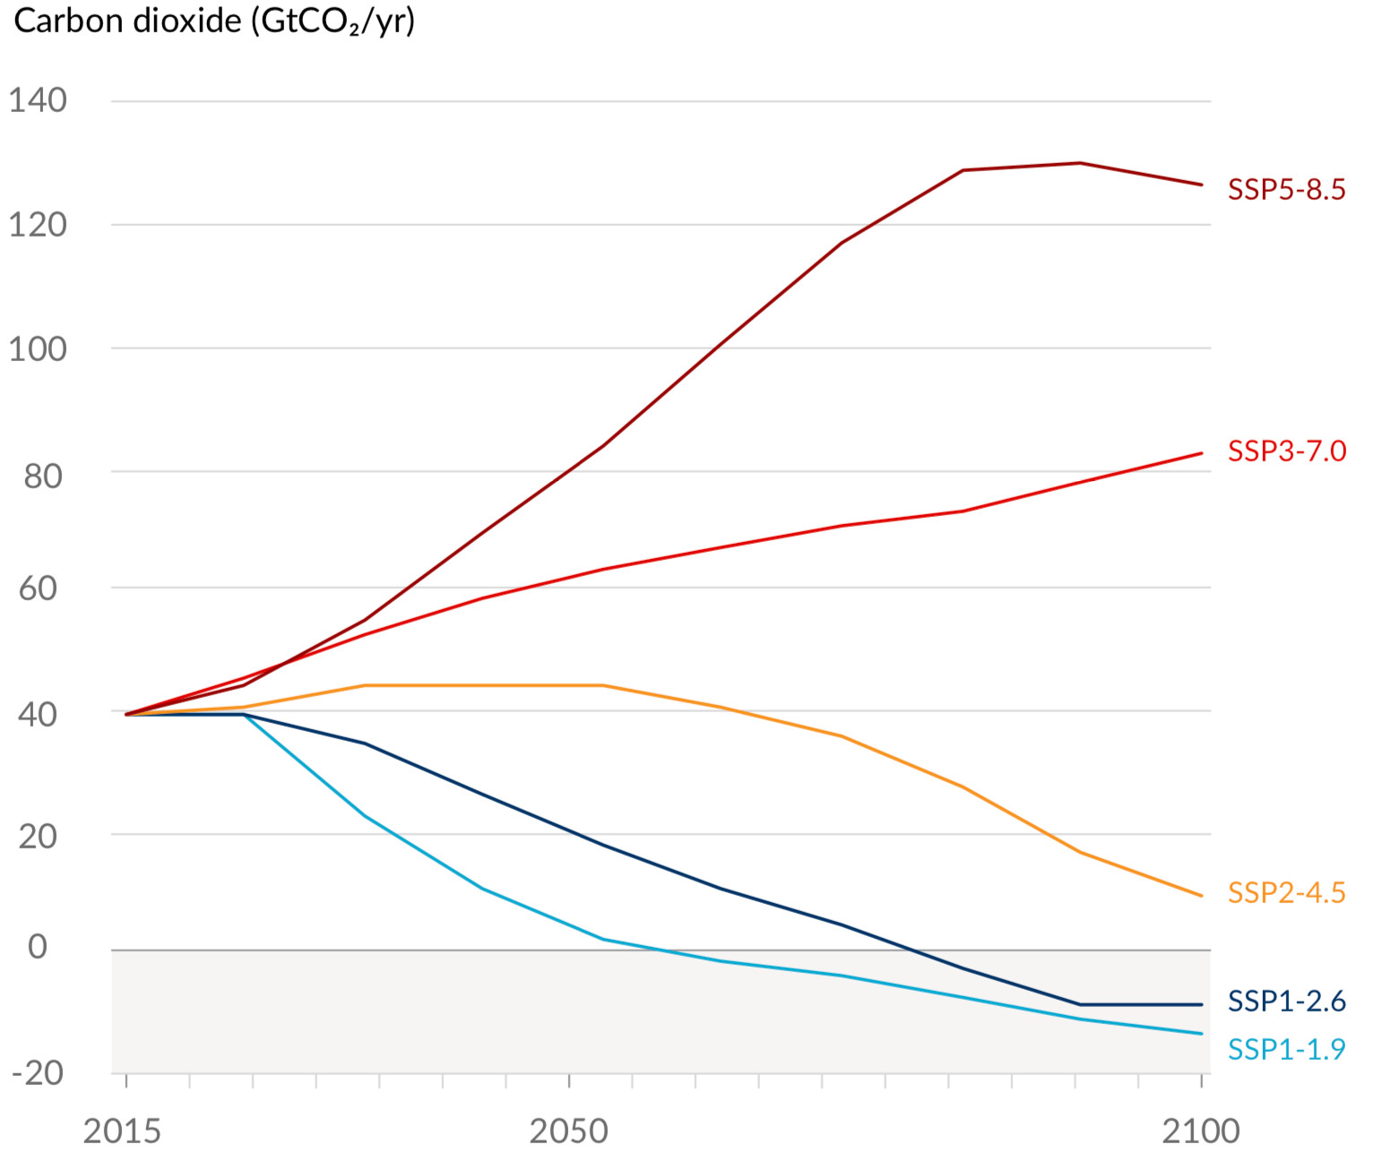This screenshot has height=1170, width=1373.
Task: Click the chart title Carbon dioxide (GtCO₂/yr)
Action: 215,22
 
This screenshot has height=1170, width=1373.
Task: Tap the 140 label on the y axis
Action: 38,100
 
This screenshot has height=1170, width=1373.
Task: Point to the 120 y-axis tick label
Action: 38,225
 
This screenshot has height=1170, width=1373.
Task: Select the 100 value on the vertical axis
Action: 38,348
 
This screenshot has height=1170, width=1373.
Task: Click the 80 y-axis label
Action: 43,476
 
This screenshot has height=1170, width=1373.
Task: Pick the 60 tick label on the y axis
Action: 39,589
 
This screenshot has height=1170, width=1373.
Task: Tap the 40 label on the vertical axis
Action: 38,714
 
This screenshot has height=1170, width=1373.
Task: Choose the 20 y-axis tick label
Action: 38,836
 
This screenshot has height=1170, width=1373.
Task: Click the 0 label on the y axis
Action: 37,946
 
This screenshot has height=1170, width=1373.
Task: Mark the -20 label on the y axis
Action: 38,1072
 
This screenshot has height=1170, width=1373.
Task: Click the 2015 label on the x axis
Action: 122,1131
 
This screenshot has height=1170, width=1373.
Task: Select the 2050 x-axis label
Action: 568,1131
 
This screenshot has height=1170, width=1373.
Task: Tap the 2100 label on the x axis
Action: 1201,1131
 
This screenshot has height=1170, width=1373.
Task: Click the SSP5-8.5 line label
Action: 1286,190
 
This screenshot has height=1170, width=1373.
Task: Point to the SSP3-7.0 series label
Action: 1286,451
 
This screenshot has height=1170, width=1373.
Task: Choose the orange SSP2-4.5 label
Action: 1286,892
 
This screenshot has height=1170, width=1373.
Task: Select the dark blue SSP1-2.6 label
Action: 1286,1001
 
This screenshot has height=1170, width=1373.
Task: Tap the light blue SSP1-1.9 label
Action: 1286,1048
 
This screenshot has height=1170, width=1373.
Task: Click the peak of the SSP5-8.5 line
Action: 1080,163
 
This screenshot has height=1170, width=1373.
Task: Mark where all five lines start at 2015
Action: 126,714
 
